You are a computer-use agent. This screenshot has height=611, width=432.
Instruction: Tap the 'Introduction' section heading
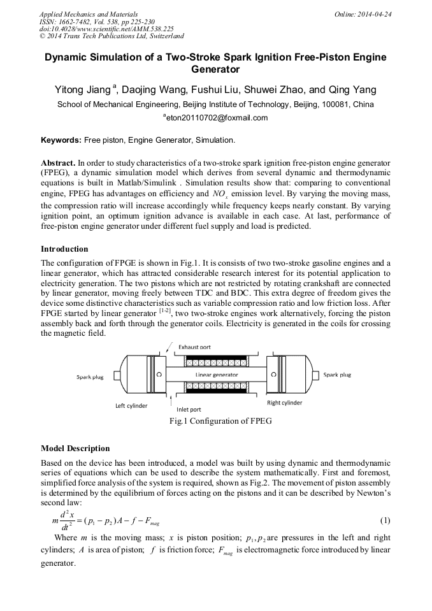click(x=64, y=249)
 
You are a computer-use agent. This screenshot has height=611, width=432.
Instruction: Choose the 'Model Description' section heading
click(x=75, y=449)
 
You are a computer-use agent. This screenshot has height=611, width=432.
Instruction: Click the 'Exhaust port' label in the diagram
click(x=195, y=347)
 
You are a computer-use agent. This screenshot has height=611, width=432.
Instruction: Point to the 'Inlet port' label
click(x=189, y=409)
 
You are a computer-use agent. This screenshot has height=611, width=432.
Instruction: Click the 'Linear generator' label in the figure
click(x=217, y=375)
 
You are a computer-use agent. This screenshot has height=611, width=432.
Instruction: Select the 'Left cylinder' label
click(x=131, y=405)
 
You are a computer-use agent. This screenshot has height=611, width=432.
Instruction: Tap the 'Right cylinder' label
click(x=285, y=403)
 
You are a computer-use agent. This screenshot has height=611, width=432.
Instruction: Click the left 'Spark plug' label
click(x=90, y=377)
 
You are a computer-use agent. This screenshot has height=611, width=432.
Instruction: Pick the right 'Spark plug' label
click(x=337, y=375)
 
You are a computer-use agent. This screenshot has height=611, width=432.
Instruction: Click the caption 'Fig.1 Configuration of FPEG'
click(x=216, y=421)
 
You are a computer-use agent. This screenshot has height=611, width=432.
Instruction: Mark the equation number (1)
click(x=384, y=520)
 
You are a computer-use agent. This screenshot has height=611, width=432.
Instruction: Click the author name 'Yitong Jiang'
click(x=83, y=90)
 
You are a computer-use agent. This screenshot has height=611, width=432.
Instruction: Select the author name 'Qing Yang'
click(x=352, y=90)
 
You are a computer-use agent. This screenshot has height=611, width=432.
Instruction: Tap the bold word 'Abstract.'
click(x=59, y=162)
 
